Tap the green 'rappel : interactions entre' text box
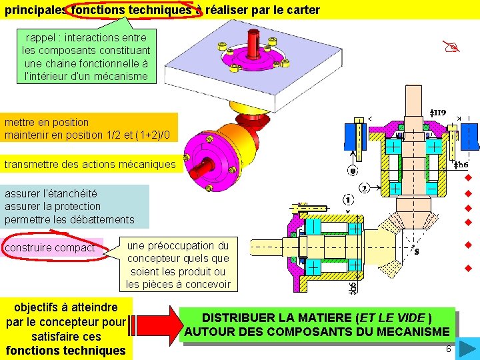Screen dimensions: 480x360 (x=86, y=57)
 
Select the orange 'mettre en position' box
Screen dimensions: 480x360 (x=90, y=129)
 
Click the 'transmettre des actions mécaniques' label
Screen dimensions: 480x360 (x=91, y=164)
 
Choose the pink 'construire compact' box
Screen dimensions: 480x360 (x=50, y=248)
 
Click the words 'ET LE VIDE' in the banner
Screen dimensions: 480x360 (x=394, y=317)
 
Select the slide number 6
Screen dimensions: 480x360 (x=448, y=349)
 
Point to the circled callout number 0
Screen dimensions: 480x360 (x=353, y=171)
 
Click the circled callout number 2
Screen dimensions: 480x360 (x=365, y=188)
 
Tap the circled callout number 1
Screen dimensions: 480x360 (x=348, y=199)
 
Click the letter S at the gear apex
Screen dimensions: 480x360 (x=417, y=251)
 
